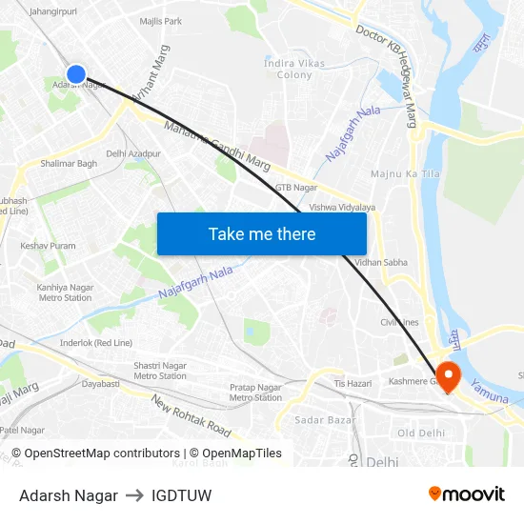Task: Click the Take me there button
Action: pos(261,234)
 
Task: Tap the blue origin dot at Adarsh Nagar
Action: pos(76,73)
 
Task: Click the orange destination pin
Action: pos(446,375)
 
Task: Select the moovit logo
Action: pos(466,494)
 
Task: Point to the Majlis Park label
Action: pos(160,21)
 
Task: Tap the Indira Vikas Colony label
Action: pos(293,69)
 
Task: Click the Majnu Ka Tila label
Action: pos(404,173)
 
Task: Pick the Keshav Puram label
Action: pos(48,246)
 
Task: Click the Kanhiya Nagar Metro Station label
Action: pos(65,292)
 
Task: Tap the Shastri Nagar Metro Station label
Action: pos(160,371)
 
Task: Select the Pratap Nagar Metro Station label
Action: pos(255,393)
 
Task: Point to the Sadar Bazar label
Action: pos(319,419)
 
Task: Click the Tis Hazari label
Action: pos(352,383)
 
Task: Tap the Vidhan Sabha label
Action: pos(381,262)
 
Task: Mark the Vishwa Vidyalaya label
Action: pos(342,207)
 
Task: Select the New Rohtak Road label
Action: pos(191,415)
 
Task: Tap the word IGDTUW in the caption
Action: pos(181,495)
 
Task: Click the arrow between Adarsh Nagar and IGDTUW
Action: pos(134,495)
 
